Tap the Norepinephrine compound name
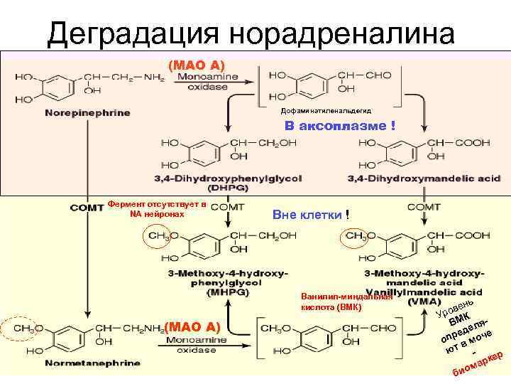tap(87, 113)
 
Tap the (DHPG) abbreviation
tap(226, 188)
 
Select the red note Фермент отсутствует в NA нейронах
tap(158, 209)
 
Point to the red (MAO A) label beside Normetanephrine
tap(192, 327)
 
